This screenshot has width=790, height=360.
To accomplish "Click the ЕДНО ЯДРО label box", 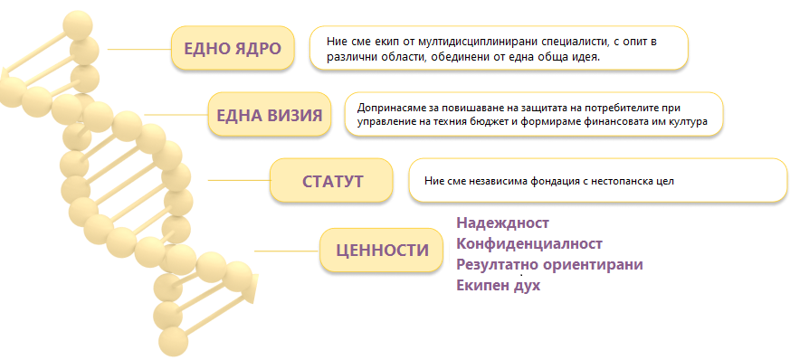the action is click(233, 48).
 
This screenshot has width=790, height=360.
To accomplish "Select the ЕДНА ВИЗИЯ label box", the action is click(270, 114).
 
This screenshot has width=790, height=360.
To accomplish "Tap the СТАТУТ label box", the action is click(331, 180).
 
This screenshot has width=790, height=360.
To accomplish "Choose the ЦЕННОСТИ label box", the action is click(381, 250).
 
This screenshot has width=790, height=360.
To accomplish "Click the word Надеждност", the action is click(502, 223).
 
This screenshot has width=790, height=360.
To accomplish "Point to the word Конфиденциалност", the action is click(529, 243).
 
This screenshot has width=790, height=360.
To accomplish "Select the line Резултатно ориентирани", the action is click(549, 264).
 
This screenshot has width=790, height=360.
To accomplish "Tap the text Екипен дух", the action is click(499, 286).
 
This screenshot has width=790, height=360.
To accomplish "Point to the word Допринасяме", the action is click(385, 109).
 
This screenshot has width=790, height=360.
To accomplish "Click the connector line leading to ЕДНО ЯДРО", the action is click(139, 50).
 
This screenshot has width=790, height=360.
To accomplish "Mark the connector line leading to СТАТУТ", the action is click(239, 180).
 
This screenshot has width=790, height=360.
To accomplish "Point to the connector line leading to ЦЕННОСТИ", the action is click(287, 251).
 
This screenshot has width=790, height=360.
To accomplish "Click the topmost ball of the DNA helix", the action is click(78, 24).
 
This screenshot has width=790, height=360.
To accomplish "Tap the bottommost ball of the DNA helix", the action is click(173, 343).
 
